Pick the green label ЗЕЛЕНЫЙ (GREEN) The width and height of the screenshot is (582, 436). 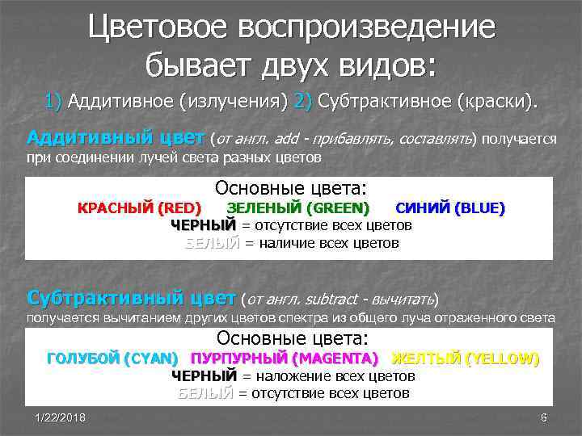[x=297, y=208]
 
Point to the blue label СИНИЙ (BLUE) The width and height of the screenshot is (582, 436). [x=449, y=208]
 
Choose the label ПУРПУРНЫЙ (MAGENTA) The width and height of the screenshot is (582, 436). [x=285, y=358]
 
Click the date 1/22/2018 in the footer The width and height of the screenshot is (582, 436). [x=61, y=417]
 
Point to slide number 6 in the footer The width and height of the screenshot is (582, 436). [x=543, y=417]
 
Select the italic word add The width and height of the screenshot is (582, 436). [x=289, y=140]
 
